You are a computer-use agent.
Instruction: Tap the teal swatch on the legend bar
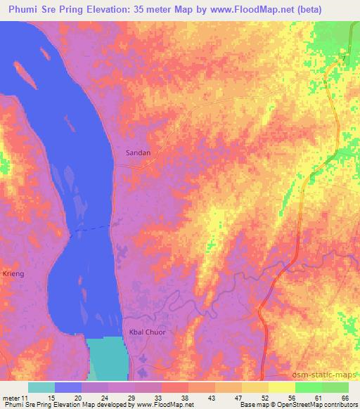click(x=41, y=387)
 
